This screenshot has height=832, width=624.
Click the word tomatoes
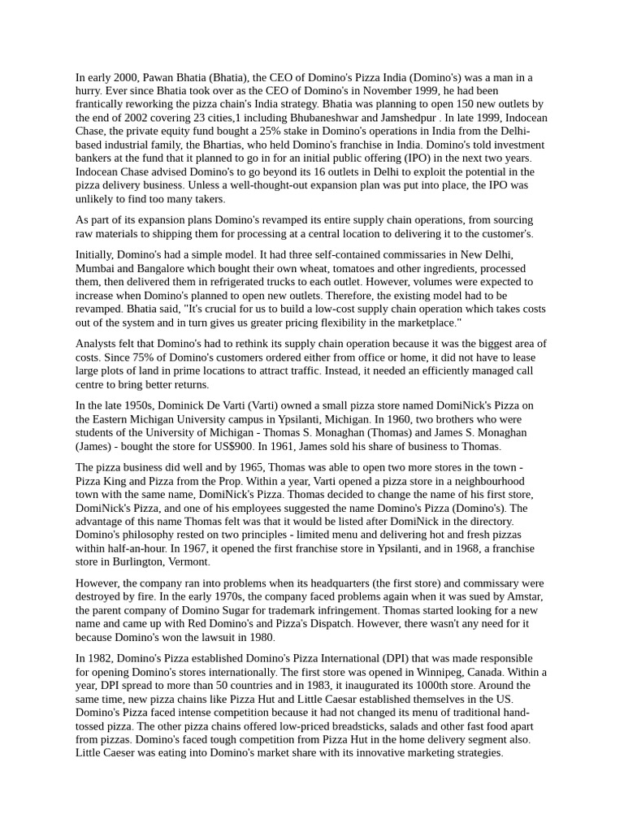[x=343, y=268]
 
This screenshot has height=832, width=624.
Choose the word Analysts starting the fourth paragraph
[x=98, y=344]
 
